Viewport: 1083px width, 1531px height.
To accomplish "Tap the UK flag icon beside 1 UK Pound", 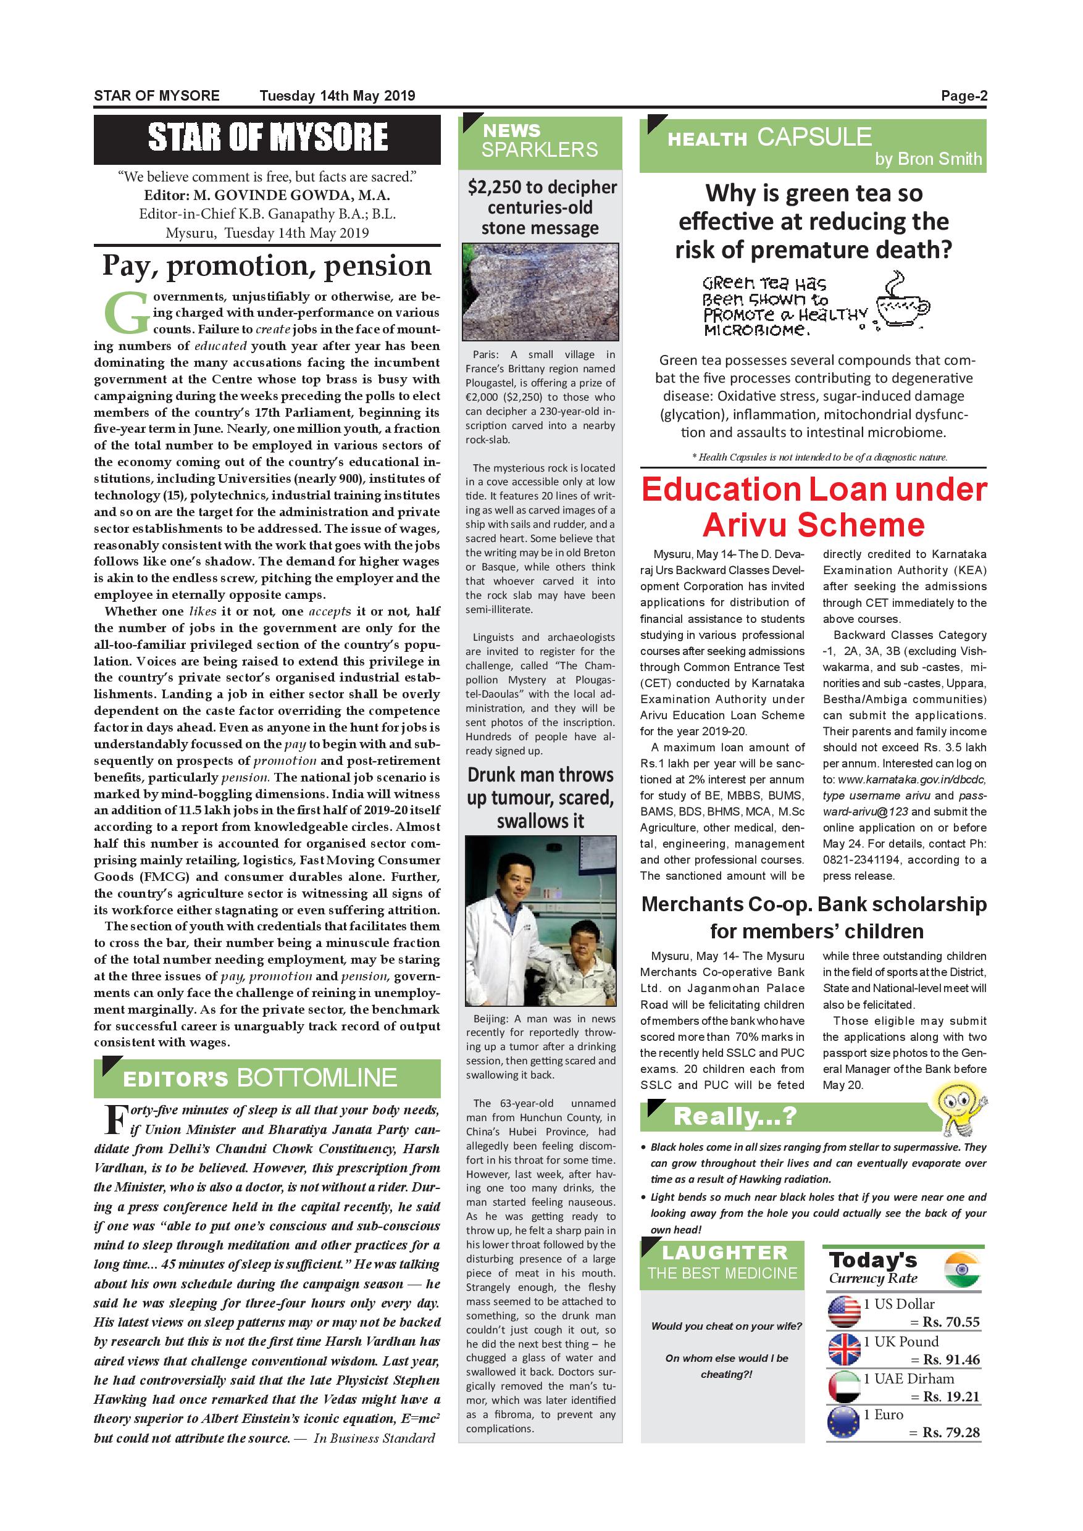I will (843, 1349).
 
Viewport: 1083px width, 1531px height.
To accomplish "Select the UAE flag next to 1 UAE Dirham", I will (843, 1387).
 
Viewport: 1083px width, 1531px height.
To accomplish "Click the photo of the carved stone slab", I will (540, 291).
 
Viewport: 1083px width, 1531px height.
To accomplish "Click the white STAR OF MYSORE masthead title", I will (267, 138).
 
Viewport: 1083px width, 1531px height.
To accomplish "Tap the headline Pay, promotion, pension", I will (267, 265).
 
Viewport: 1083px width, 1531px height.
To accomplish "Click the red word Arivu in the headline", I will (745, 525).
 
